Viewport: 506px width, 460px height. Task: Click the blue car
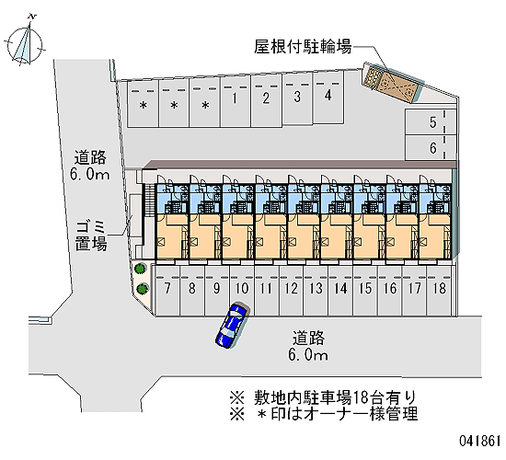tap(231, 325)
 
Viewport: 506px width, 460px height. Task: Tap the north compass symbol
tap(25, 42)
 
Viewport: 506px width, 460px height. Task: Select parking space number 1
tap(236, 102)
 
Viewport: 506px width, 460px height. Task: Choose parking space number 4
tap(328, 98)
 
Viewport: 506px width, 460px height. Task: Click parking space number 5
tap(431, 122)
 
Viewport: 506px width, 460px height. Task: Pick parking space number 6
tap(431, 148)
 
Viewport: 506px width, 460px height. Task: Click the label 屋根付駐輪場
tap(303, 47)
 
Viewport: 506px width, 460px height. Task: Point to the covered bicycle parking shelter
tap(393, 84)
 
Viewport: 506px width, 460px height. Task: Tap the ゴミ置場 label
tap(91, 236)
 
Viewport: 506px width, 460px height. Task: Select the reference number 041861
tap(480, 441)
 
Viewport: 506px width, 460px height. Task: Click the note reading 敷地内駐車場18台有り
tap(323, 397)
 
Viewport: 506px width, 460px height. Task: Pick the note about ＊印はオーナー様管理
tap(324, 414)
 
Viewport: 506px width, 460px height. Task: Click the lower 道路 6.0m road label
tap(308, 346)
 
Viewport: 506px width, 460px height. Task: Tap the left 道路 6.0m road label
tap(90, 166)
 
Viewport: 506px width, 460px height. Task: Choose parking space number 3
tap(297, 98)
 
